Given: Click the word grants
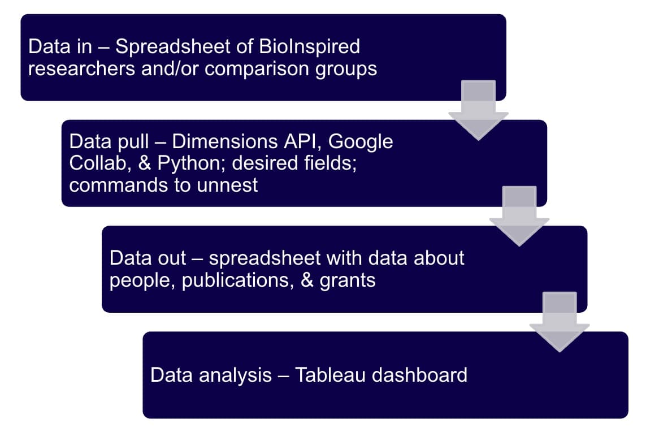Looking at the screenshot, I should pyautogui.click(x=348, y=280).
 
